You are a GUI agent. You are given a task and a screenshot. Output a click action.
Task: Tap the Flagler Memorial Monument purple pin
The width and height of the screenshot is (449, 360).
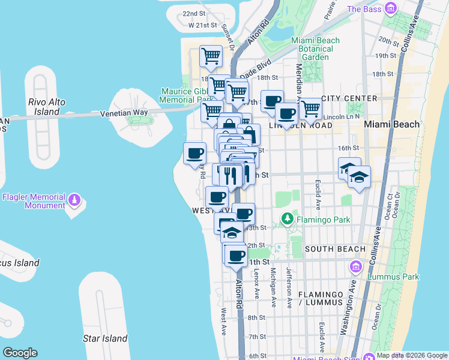(74, 199)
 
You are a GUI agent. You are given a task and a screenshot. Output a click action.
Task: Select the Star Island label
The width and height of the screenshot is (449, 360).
(105, 338)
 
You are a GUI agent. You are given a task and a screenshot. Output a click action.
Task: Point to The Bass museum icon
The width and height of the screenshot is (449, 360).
(391, 8)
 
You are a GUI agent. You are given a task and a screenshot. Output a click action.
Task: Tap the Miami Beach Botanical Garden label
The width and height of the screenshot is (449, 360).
(315, 49)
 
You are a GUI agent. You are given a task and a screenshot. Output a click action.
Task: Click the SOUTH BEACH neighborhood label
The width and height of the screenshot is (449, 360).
(335, 248)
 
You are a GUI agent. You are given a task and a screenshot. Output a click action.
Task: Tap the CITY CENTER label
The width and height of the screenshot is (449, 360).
(349, 98)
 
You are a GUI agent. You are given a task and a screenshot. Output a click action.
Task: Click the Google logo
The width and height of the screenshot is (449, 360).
(20, 353)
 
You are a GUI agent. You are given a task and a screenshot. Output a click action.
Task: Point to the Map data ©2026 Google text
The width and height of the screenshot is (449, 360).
(412, 355)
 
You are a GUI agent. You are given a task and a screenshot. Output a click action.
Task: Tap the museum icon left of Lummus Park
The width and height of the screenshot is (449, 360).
(356, 266)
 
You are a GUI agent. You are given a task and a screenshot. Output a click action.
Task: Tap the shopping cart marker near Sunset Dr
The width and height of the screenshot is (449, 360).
(211, 56)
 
